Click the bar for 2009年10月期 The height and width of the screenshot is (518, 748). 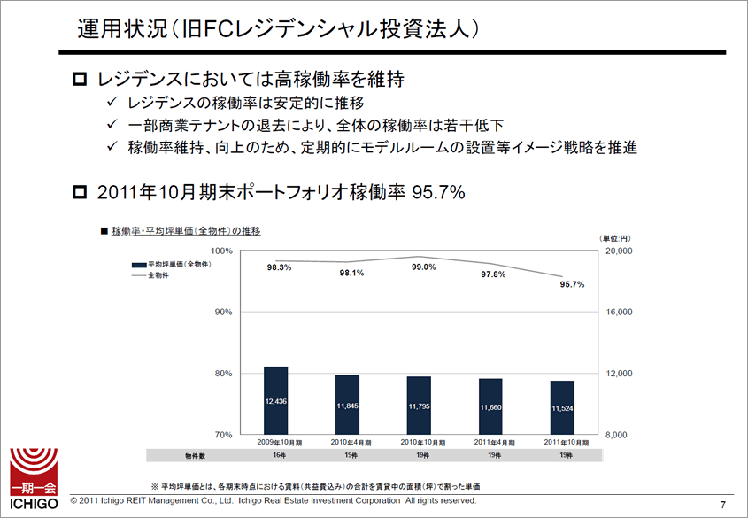(275, 400)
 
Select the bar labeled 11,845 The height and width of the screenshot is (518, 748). (347, 405)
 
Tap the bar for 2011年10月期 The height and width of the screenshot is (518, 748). (562, 407)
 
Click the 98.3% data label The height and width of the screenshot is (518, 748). (279, 267)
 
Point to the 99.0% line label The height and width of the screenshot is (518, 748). (423, 267)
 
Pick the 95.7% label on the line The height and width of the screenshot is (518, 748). (572, 284)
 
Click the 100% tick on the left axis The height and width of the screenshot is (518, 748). (220, 251)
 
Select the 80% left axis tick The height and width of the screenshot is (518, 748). (222, 374)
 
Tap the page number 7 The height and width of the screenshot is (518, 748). (723, 504)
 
